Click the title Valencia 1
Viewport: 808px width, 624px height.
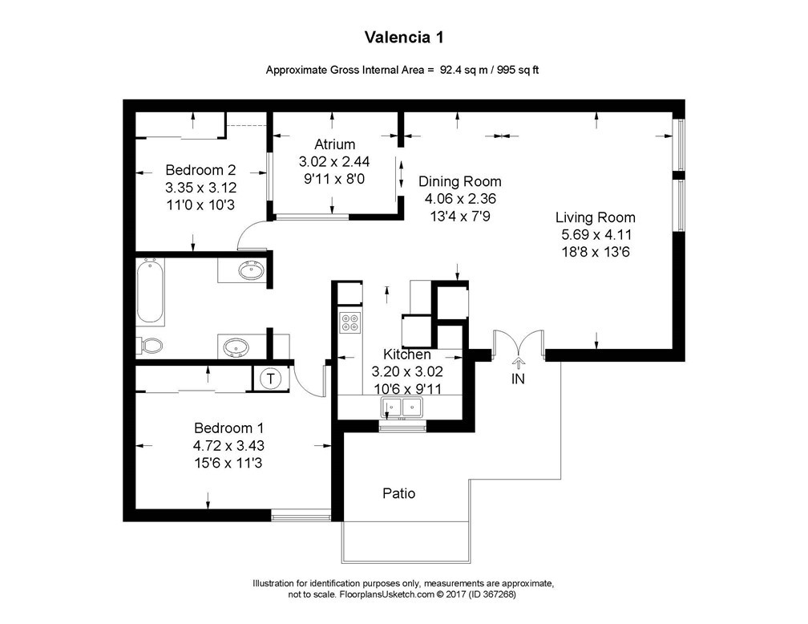[404, 37]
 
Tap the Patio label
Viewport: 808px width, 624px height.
[398, 493]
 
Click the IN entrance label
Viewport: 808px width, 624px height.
[518, 379]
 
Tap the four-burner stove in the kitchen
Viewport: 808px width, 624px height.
[350, 322]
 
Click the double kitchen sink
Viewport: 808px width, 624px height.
[402, 407]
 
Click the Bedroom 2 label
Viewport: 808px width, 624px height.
[200, 170]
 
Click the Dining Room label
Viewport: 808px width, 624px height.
[459, 181]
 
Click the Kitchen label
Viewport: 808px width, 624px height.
[407, 355]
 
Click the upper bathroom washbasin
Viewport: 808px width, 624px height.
[252, 270]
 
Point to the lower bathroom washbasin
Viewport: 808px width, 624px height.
[235, 347]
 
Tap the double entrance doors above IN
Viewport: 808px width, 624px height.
[519, 343]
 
